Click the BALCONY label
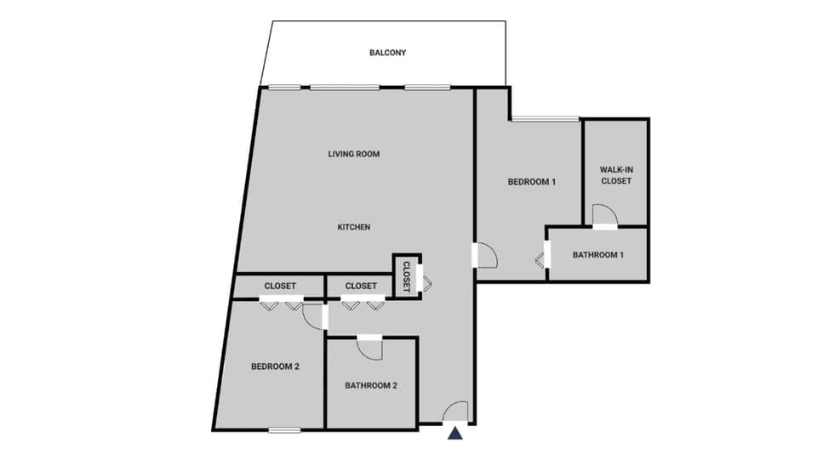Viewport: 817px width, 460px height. [387, 53]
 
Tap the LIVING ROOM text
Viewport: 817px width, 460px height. [353, 154]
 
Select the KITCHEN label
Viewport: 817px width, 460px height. [353, 227]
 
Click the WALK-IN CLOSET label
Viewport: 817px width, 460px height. [616, 175]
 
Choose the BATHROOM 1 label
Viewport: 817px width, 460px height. [598, 254]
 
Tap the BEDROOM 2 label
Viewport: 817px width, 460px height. [275, 366]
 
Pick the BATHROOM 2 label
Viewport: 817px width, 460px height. [371, 385]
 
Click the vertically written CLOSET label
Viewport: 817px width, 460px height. [407, 276]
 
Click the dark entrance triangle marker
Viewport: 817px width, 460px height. [455, 434]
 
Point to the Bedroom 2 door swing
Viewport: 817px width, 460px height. [313, 315]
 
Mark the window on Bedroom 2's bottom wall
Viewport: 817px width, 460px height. [285, 429]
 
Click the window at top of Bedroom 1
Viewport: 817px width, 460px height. [546, 118]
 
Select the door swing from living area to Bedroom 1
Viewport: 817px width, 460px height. [485, 254]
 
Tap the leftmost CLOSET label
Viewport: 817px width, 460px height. [280, 286]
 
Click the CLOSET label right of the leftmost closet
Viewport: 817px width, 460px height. [362, 286]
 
